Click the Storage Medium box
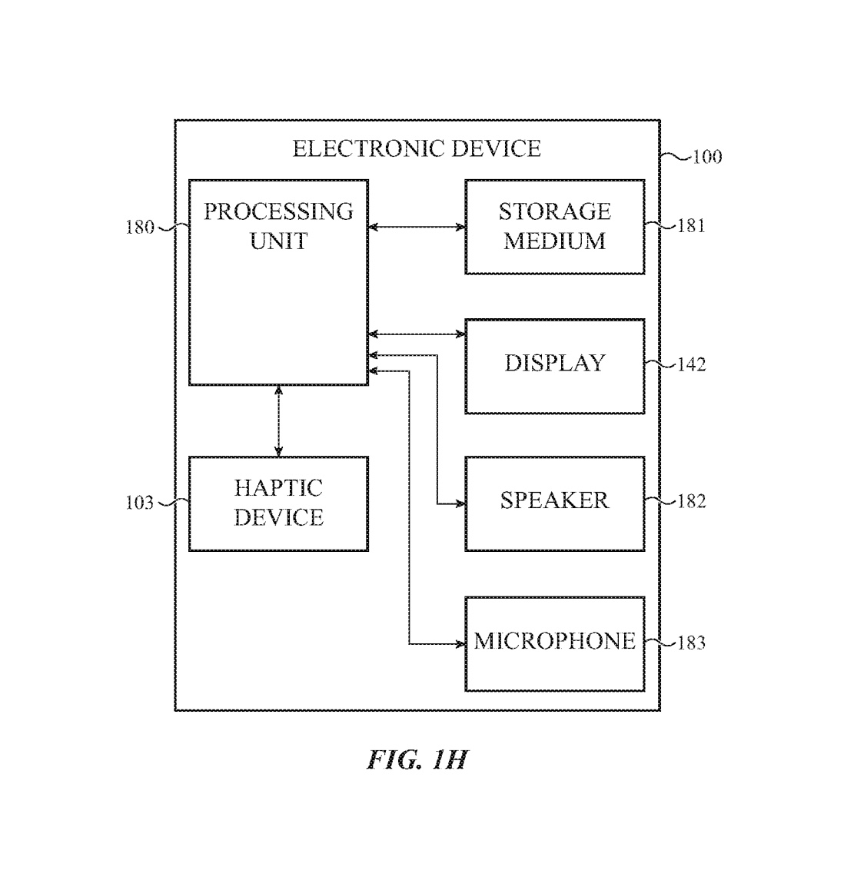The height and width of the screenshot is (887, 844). point(554,227)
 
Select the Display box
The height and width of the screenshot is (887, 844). point(554,366)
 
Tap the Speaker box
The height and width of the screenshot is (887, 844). point(554,503)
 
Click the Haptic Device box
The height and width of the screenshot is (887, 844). point(278,503)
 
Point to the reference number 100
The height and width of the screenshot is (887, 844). point(707,157)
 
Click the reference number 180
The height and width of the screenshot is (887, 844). point(140,228)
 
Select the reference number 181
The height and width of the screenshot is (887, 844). point(691,226)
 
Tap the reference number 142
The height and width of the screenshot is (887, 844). point(691,364)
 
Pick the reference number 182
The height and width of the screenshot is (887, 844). point(691,502)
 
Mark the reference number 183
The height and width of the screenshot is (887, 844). point(691,643)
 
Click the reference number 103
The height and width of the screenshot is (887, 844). point(140,503)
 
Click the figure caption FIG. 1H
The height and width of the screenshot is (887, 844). point(417,760)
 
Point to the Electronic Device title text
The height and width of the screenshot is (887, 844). point(417,148)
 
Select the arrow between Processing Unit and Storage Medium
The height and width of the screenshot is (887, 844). point(417,227)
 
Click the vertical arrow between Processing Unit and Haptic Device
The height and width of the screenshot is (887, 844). point(278,420)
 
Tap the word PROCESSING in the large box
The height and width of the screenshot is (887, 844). point(278,211)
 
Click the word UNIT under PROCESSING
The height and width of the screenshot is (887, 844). point(278,241)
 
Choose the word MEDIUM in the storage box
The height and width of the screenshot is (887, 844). point(554,241)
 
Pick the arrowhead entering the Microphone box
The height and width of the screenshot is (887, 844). point(460,643)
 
